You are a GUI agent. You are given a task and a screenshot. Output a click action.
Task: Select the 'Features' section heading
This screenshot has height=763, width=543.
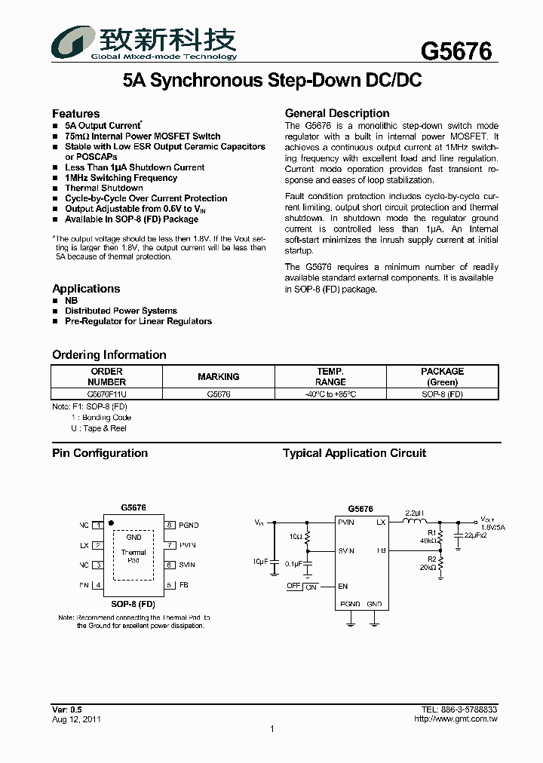coord(75,113)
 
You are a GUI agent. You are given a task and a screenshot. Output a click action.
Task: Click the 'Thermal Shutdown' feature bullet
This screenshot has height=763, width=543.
coord(103,188)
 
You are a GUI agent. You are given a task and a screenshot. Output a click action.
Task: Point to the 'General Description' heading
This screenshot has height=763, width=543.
coord(337,113)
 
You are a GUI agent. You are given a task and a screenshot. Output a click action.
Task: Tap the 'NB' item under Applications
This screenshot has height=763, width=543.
coord(71,300)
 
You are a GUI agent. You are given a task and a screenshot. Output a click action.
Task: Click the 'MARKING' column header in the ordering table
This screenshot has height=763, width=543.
coord(218,376)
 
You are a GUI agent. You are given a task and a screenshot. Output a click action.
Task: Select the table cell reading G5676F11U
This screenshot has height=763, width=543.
coord(106,394)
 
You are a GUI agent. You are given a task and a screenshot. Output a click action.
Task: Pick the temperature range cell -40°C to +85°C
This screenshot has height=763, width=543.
coord(330,394)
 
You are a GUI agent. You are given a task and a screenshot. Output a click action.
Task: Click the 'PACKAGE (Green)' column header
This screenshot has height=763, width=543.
coord(442,376)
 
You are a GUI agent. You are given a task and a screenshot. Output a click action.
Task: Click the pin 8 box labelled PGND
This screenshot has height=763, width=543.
coord(170,525)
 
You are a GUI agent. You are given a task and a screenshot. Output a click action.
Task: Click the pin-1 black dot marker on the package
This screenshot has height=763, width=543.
coord(112,522)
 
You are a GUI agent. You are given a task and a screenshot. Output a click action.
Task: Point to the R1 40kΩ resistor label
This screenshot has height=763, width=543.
coord(428,536)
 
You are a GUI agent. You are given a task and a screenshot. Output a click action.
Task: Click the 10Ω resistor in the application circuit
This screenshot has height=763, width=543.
coord(307,537)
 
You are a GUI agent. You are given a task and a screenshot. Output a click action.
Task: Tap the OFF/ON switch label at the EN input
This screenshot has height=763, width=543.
coord(302,586)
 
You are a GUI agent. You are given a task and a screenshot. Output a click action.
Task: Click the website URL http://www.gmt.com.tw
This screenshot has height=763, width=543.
coord(456,719)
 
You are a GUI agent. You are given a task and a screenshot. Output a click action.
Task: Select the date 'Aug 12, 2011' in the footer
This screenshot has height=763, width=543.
coord(76,719)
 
